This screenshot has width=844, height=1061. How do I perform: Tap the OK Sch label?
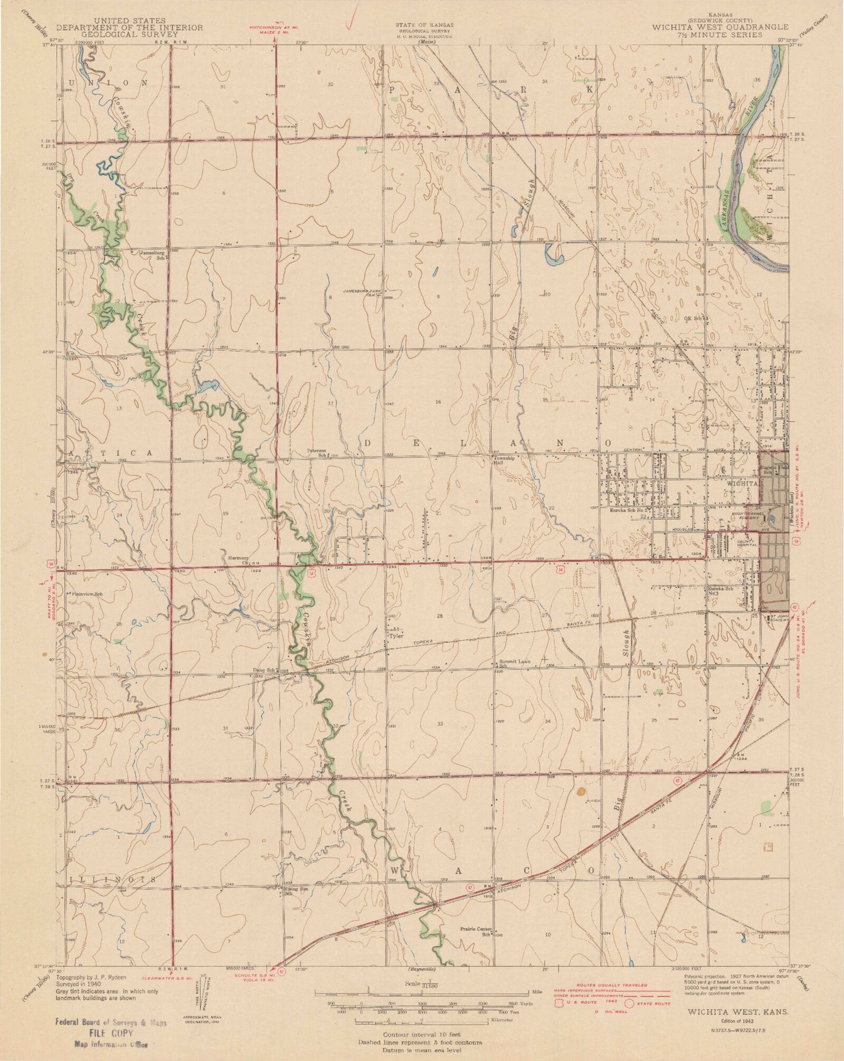coord(695,319)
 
